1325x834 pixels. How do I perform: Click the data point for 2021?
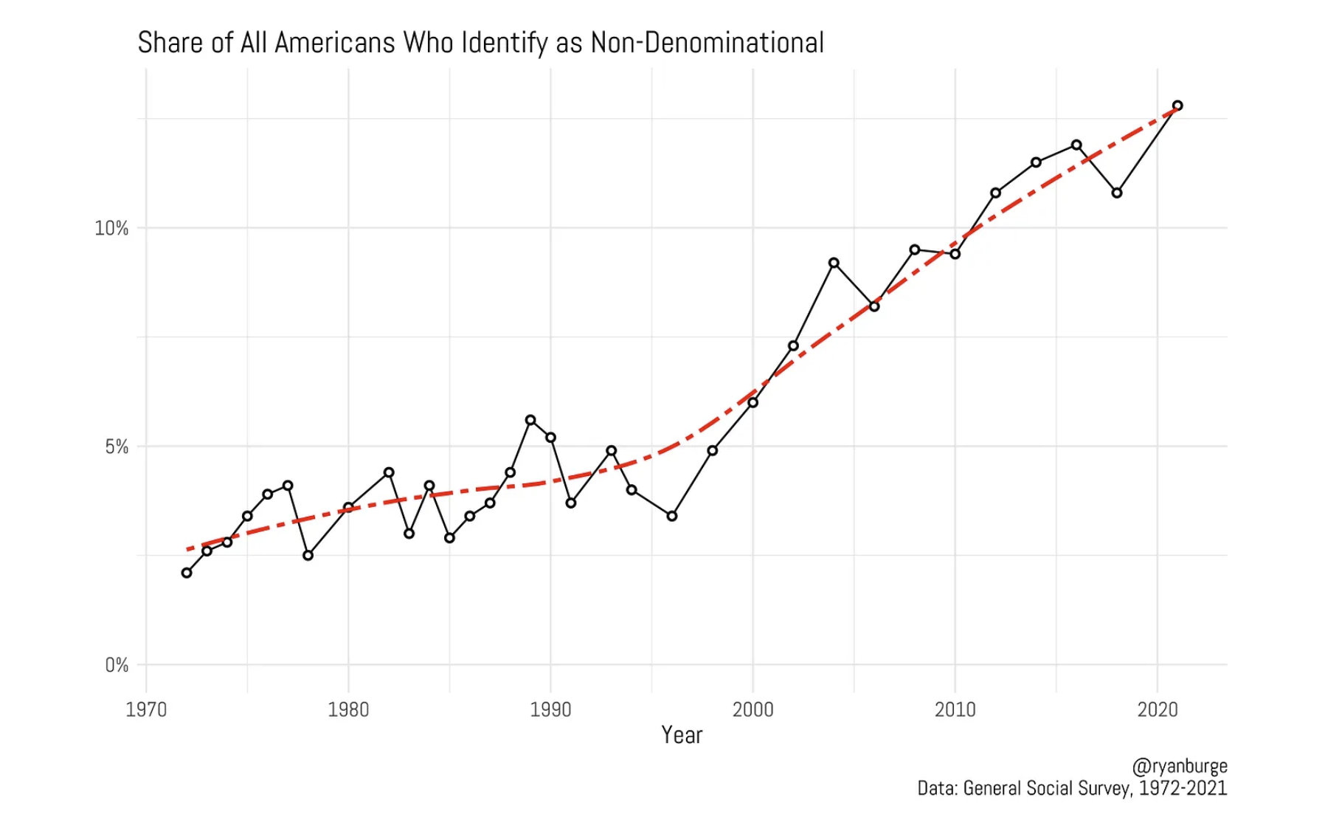[1177, 106]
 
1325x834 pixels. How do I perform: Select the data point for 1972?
[187, 573]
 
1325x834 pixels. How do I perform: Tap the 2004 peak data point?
[834, 263]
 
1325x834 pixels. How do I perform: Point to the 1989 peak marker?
[530, 420]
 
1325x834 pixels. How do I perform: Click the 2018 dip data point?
[1117, 193]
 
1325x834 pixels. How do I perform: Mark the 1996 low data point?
[672, 516]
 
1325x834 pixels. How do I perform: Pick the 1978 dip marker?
[308, 555]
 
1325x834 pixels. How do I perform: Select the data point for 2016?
[1076, 145]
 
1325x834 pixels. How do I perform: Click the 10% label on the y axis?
[111, 229]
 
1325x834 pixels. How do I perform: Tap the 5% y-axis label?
[117, 447]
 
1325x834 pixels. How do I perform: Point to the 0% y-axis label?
[117, 666]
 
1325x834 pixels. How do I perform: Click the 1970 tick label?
[146, 710]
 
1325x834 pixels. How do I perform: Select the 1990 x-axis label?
[550, 710]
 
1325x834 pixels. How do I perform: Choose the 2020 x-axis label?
[1158, 710]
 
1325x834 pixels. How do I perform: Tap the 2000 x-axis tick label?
[753, 710]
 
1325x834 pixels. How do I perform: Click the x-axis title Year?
[682, 735]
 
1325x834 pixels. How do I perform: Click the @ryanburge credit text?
[1179, 766]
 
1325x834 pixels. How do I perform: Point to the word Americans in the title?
[335, 43]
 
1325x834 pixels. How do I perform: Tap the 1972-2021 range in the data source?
[1183, 788]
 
